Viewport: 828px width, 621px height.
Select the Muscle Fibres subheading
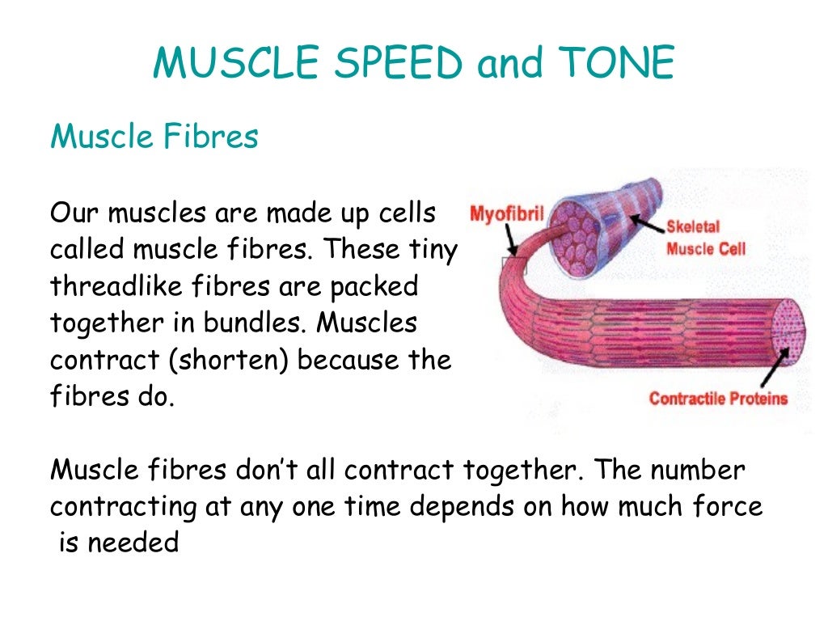coord(154,137)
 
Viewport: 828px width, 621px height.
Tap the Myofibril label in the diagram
coord(506,214)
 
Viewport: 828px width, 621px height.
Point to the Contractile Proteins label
coord(718,399)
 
